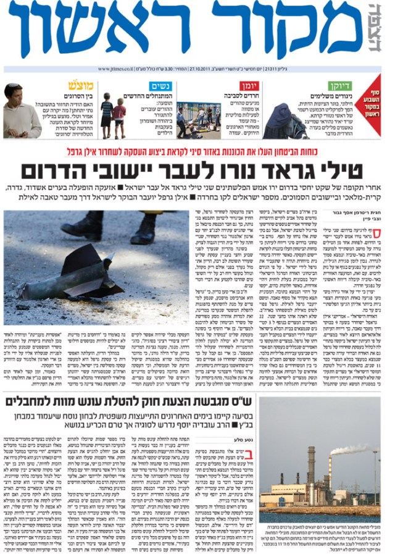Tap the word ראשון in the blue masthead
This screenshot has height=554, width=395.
click(x=99, y=30)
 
